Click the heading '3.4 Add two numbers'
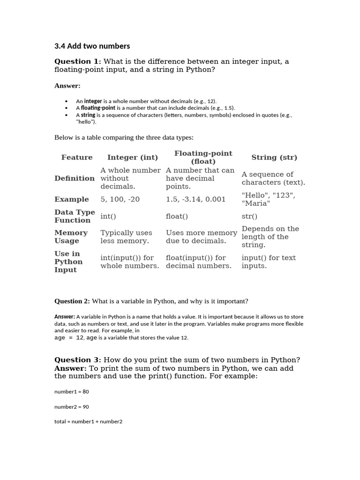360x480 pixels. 92,46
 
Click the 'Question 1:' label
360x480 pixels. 77,61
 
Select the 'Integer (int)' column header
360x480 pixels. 133,157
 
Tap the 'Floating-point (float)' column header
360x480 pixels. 203,157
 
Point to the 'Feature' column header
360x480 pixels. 77,157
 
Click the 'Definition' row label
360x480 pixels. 75,178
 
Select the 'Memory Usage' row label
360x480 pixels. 71,237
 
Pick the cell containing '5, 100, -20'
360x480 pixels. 120,199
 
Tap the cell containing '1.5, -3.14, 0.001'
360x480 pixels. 195,199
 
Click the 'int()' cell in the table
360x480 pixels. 108,217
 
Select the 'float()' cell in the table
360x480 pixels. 177,217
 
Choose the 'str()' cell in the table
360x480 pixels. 250,217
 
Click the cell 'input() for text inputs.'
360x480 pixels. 269,262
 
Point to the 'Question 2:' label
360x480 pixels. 72,301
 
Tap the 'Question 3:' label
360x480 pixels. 77,360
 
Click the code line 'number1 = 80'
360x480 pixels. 72,391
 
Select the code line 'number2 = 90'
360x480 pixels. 72,406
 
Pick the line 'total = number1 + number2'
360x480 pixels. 88,421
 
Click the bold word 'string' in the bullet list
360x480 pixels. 88,115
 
